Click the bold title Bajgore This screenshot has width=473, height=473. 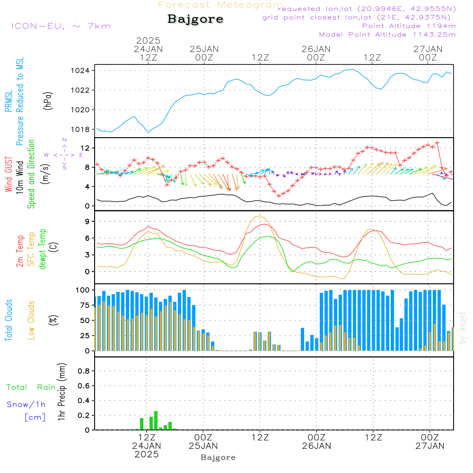tap(195, 19)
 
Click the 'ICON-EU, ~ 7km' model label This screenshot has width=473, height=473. tap(61, 26)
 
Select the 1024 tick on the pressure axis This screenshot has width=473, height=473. tap(80, 70)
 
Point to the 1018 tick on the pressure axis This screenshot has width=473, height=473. tap(80, 130)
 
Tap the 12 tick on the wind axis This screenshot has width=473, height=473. tap(85, 148)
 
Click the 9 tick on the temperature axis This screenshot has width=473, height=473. tap(88, 221)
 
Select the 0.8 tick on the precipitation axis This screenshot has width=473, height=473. tap(84, 371)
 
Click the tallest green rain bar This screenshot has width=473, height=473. tap(156, 420)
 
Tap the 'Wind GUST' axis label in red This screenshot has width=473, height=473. tap(9, 174)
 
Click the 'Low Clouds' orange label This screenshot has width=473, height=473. tap(31, 320)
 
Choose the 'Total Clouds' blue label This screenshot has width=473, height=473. tap(9, 320)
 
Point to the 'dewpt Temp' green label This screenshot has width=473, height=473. tap(42, 249)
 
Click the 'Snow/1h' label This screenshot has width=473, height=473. tap(26, 404)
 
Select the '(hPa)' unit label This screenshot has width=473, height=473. tap(48, 101)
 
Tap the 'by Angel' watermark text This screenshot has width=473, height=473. tap(463, 328)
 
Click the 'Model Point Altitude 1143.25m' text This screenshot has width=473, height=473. tap(387, 35)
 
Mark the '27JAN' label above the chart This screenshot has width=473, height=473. tap(428, 49)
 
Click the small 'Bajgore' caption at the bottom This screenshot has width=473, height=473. tap(218, 457)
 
